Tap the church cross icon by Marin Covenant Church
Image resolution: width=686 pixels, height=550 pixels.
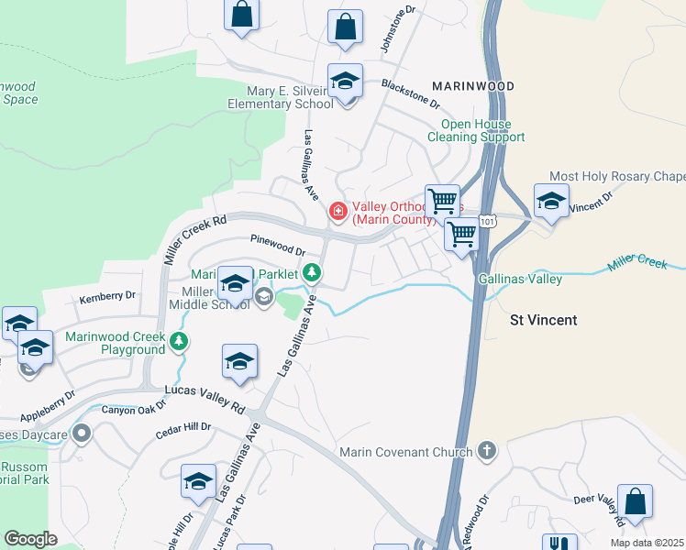(x=486, y=451)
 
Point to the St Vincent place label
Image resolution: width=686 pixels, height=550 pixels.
(x=544, y=320)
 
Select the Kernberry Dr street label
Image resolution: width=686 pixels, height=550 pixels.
(x=107, y=296)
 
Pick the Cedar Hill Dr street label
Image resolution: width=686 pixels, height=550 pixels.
(x=183, y=427)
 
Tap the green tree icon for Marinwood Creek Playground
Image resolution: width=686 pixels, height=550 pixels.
(x=179, y=343)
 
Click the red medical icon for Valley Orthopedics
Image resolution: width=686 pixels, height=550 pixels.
(x=337, y=212)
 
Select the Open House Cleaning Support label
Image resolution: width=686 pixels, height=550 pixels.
(x=476, y=130)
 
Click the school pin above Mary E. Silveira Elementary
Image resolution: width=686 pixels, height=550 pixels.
(x=346, y=82)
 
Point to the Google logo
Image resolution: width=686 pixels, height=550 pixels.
(x=30, y=539)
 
